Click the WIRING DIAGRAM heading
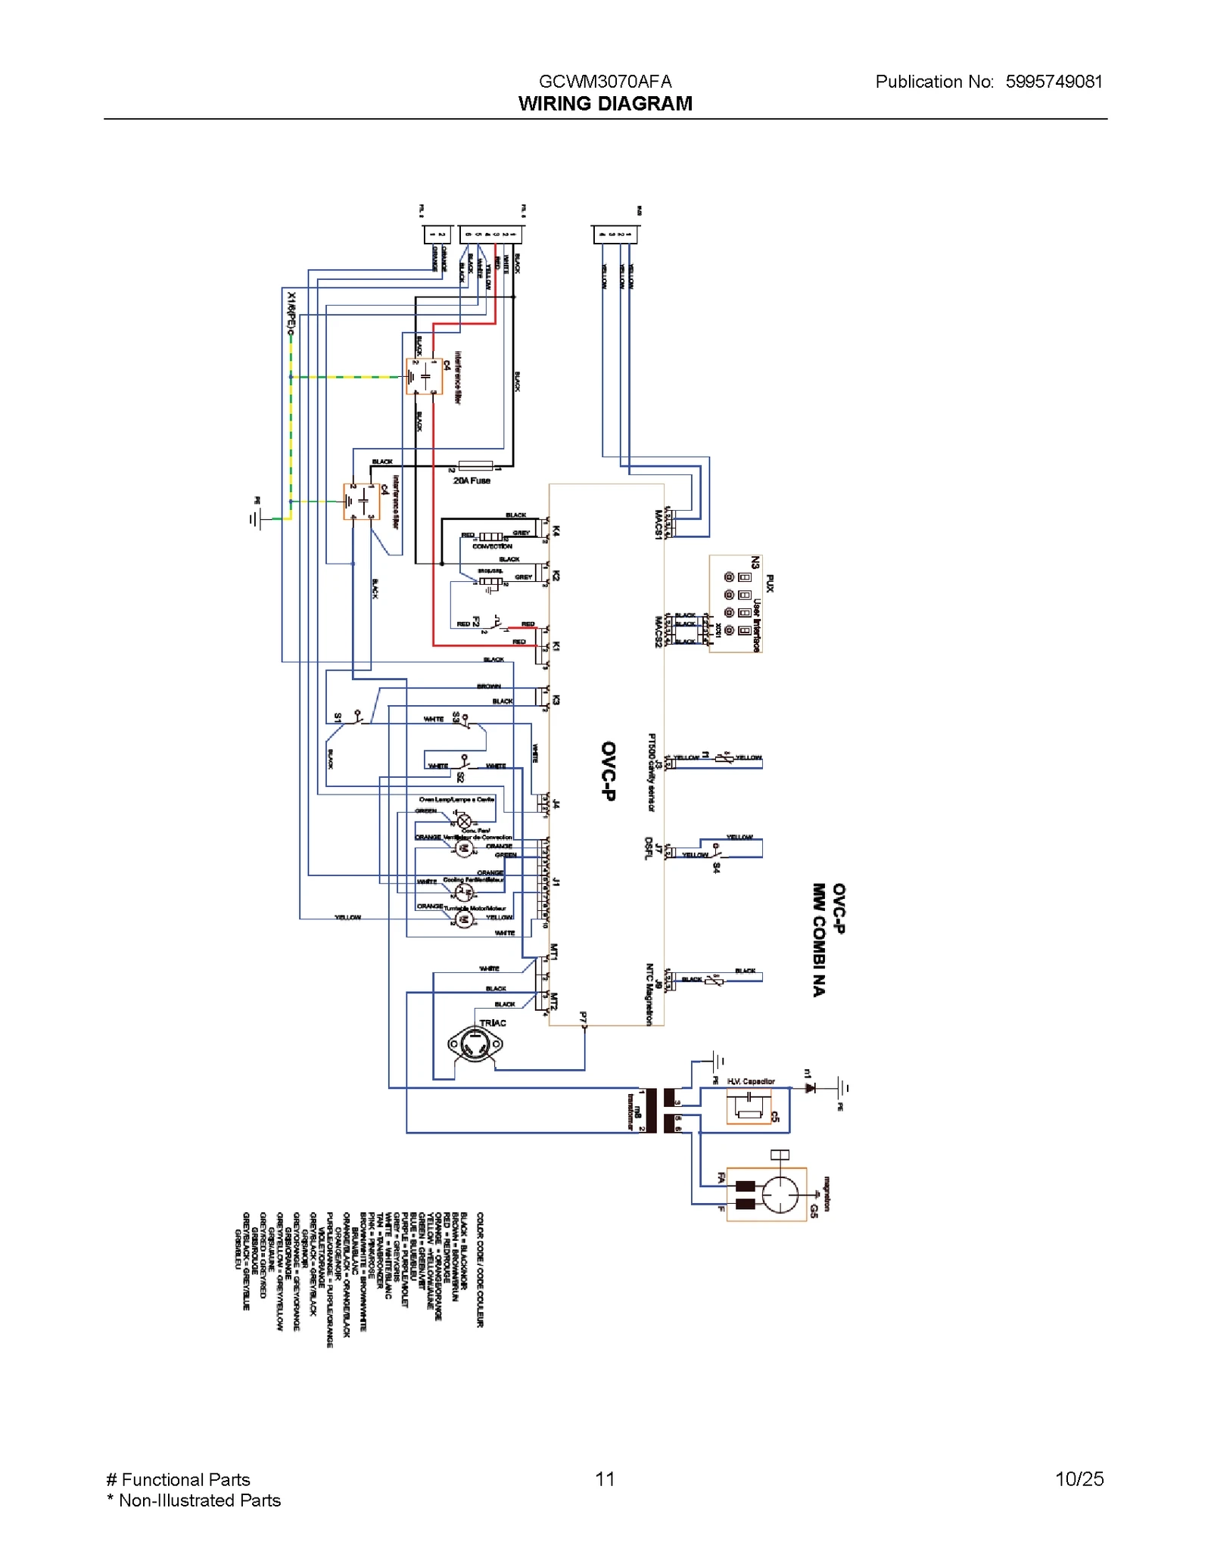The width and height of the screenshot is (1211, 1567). pyautogui.click(x=605, y=104)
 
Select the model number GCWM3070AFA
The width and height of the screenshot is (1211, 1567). pyautogui.click(x=605, y=82)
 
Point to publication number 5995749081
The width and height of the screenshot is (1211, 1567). pyautogui.click(x=1054, y=82)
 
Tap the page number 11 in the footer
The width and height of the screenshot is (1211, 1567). pyautogui.click(x=605, y=1478)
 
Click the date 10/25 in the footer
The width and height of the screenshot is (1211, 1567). pyautogui.click(x=1079, y=1478)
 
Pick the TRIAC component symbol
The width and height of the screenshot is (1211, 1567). pyautogui.click(x=475, y=1045)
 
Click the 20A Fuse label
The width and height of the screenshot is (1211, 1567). pyautogui.click(x=472, y=480)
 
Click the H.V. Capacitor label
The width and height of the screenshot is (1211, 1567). pyautogui.click(x=751, y=1081)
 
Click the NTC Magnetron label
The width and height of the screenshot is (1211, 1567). pyautogui.click(x=649, y=994)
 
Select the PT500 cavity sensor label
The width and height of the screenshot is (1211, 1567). pyautogui.click(x=651, y=772)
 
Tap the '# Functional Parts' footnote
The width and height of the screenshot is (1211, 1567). pyautogui.click(x=179, y=1479)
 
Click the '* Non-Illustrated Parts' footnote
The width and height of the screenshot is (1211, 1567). pyautogui.click(x=195, y=1500)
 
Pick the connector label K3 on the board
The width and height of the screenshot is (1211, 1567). pyautogui.click(x=556, y=700)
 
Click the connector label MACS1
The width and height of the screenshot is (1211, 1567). pyautogui.click(x=658, y=524)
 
